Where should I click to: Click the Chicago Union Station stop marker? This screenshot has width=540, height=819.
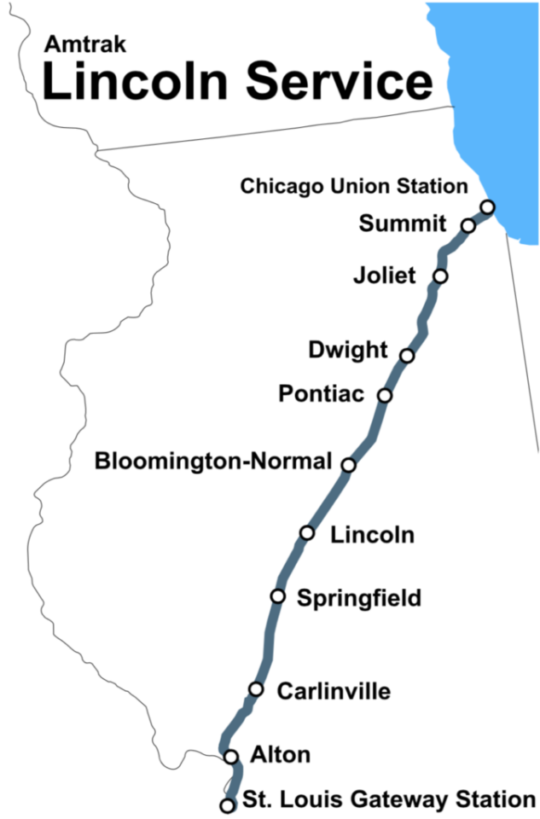point(487,206)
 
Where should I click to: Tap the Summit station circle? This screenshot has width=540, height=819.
point(467,225)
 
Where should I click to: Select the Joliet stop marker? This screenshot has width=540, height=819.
point(440,276)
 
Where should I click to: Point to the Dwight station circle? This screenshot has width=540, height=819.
point(407,355)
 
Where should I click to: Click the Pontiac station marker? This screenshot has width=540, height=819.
point(385,395)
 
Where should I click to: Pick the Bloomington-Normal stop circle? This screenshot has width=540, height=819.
point(348,464)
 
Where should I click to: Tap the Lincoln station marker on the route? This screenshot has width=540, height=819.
point(307,533)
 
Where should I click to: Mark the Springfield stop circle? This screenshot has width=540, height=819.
point(277,595)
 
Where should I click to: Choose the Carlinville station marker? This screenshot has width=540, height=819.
point(256,688)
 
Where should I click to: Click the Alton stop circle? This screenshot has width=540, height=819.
point(231,756)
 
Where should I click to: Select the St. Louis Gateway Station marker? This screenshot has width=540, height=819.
point(227,804)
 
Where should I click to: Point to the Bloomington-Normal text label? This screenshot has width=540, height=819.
point(212,462)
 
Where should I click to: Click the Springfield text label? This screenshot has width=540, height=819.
point(358,598)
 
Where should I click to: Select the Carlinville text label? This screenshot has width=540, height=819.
point(334,690)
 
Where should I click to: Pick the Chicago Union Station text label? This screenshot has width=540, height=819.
point(354,186)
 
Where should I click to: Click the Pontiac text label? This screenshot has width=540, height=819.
point(322,394)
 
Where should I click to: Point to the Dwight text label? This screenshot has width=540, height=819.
point(348,350)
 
